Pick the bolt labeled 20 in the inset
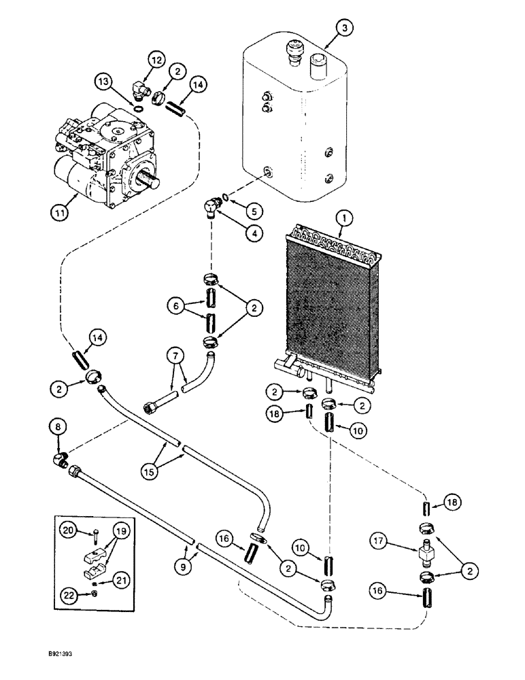pos(89,535)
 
